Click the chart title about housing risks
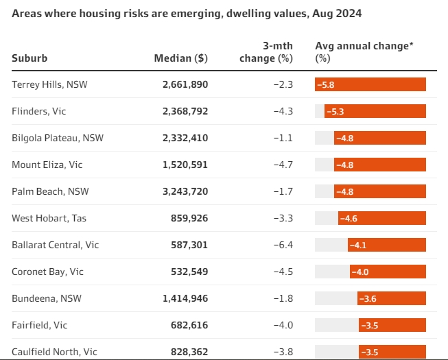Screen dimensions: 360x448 (186, 14)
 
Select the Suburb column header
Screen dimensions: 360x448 (30, 58)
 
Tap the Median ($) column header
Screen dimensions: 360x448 (180, 58)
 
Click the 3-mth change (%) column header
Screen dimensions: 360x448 (266, 52)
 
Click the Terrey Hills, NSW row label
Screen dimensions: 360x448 (50, 84)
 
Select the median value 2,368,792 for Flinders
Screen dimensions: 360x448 (185, 111)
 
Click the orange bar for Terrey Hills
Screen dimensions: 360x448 (370, 84)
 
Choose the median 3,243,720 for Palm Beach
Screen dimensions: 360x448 (185, 191)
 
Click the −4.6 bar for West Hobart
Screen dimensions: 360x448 (382, 218)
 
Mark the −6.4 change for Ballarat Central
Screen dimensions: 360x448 (283, 245)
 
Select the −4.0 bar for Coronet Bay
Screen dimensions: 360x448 (388, 272)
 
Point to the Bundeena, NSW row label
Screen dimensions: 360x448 (43, 298)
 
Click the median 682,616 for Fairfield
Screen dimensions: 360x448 (189, 325)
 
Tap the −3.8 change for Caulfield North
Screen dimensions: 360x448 (283, 352)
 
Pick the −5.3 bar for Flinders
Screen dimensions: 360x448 (375, 111)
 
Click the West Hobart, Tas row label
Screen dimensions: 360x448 (49, 218)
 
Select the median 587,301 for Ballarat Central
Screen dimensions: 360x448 (189, 245)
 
